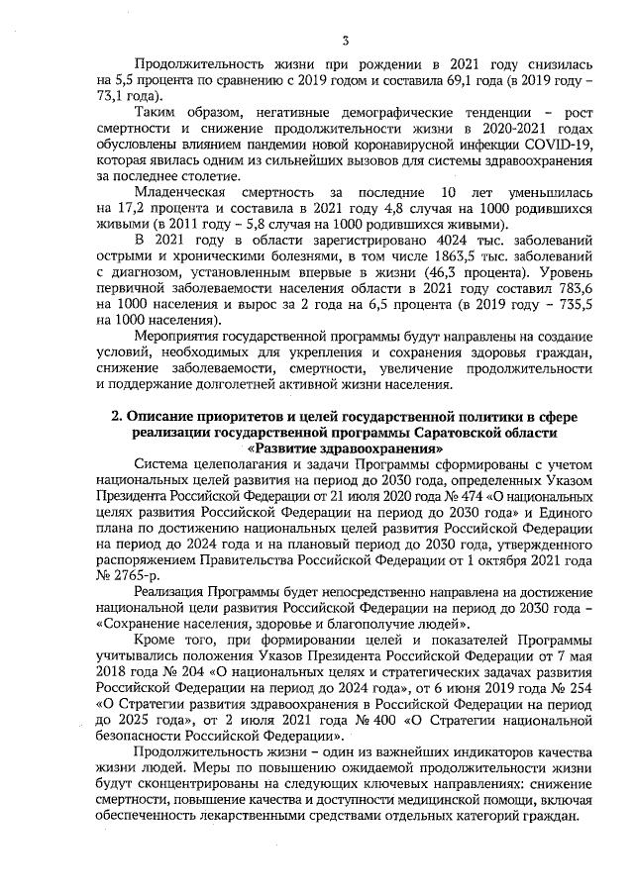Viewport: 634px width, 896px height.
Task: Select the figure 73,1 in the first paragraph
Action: click(x=116, y=97)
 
